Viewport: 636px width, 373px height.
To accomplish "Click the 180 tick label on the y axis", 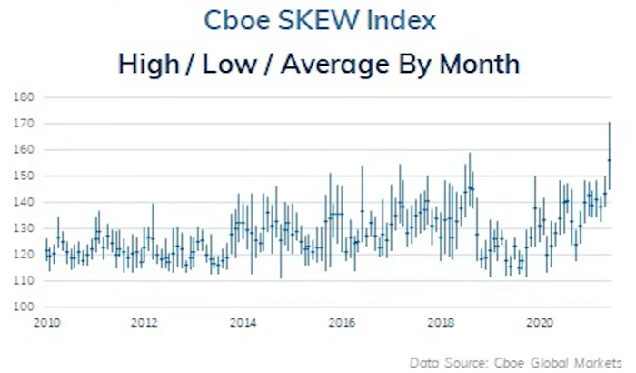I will tap(25, 96).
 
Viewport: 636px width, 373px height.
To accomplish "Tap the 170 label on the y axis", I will tap(25, 123).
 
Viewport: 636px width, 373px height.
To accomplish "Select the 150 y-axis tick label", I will tap(25, 176).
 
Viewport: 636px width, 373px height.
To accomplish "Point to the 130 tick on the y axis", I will tap(25, 228).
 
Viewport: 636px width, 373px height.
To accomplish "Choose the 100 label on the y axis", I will tap(25, 307).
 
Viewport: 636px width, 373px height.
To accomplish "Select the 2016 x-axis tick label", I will tap(342, 322).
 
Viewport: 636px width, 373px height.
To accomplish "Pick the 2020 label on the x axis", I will tap(541, 322).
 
